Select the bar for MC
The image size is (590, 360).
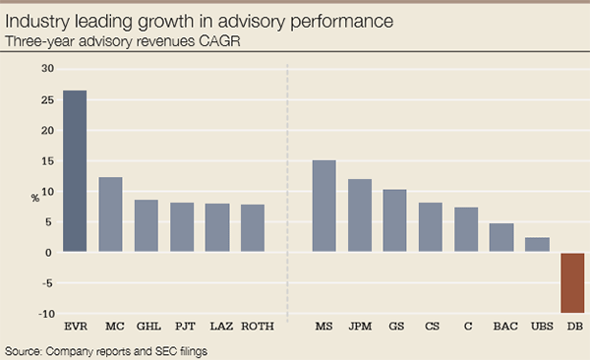[111, 214]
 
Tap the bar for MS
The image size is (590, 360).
[324, 206]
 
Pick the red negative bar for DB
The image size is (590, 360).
[572, 283]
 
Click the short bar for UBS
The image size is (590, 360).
[537, 245]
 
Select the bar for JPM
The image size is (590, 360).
[359, 215]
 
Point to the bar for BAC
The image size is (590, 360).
[501, 238]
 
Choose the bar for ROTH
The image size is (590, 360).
[253, 228]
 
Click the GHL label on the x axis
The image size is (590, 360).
[147, 326]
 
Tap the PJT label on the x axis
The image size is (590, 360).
[182, 326]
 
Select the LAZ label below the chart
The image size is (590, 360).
[217, 326]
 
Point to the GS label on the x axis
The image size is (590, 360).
[394, 326]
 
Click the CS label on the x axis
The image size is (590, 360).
[430, 326]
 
